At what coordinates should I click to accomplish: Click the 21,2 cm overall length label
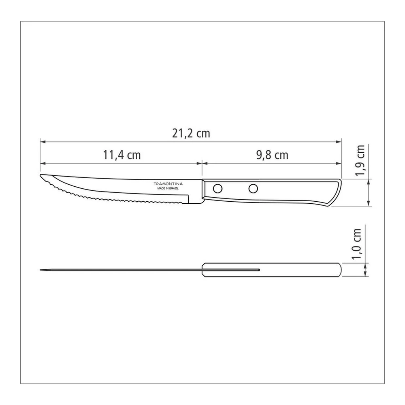pyautogui.click(x=191, y=134)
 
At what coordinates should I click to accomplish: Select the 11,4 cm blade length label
pyautogui.click(x=122, y=155)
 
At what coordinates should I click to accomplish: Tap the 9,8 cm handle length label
pyautogui.click(x=272, y=155)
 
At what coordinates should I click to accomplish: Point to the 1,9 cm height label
pyautogui.click(x=360, y=160)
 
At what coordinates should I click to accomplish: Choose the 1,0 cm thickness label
pyautogui.click(x=356, y=244)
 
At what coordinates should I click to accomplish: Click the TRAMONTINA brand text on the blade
pyautogui.click(x=168, y=184)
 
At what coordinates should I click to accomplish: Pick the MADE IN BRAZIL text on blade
pyautogui.click(x=168, y=189)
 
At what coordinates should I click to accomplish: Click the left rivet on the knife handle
pyautogui.click(x=218, y=189)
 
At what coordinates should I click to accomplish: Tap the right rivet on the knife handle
pyautogui.click(x=253, y=189)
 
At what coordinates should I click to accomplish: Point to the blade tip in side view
pyautogui.click(x=40, y=175)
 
